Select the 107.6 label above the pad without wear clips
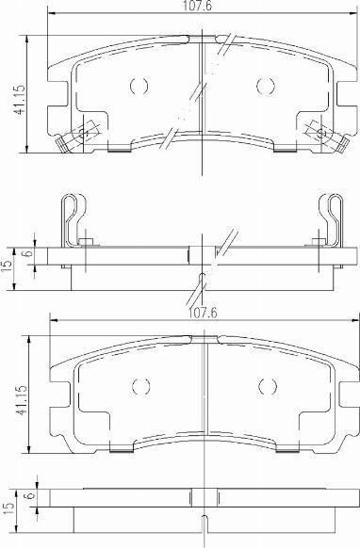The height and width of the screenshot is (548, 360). (x=203, y=313)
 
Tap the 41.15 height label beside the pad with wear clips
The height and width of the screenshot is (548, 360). (x=19, y=100)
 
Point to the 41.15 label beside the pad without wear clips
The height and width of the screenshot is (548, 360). (x=21, y=400)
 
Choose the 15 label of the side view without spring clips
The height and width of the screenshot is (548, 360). (x=8, y=506)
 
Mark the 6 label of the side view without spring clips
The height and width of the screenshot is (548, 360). (x=30, y=495)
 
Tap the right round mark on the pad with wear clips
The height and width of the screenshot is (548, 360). (x=265, y=86)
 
